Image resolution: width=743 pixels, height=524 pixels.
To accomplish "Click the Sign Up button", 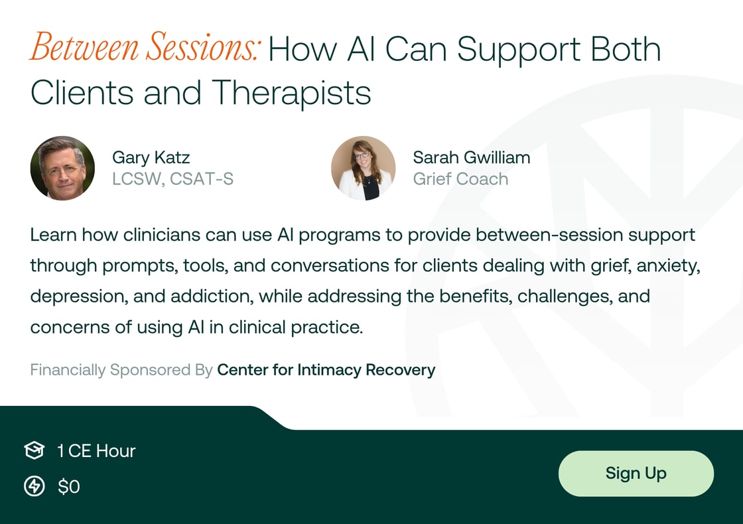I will click(x=636, y=474).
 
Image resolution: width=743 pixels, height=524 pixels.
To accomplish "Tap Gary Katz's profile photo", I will click(x=62, y=168).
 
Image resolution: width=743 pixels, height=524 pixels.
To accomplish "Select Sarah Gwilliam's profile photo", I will click(x=363, y=168).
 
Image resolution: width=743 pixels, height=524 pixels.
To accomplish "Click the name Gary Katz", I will click(x=151, y=157).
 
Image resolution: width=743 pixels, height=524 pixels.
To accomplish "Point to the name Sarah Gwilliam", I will click(x=471, y=157).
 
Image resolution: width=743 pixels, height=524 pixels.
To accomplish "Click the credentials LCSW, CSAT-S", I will click(x=172, y=179).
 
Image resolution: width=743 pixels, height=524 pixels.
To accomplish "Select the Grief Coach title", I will click(x=460, y=179).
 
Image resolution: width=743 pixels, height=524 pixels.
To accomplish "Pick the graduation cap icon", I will click(x=34, y=451).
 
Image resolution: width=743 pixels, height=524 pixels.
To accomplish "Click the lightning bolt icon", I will click(x=34, y=487).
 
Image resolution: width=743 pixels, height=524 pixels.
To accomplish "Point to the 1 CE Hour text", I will click(x=96, y=451).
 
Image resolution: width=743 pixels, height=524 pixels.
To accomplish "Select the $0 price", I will click(x=69, y=487).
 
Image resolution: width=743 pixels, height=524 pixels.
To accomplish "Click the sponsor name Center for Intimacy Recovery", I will click(x=326, y=369).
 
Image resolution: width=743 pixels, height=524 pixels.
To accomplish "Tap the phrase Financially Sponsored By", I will click(x=121, y=369).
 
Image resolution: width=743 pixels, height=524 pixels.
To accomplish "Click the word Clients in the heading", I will click(x=82, y=93).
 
